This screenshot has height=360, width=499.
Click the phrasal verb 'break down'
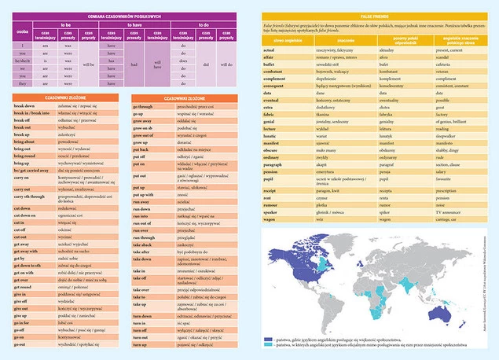coord(24,105)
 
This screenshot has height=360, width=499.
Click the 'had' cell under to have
coord(134,64)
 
